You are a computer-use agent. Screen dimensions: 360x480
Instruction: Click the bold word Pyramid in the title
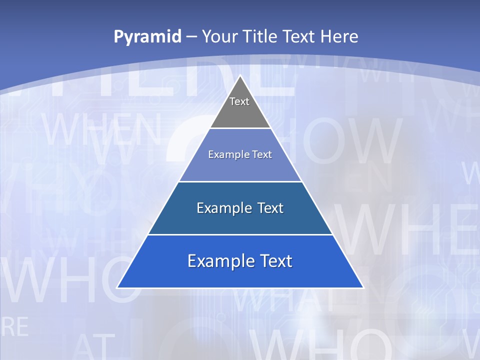(147, 36)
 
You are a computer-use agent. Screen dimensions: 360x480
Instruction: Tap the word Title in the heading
(262, 36)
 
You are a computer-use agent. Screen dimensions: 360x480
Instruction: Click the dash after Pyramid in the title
(191, 37)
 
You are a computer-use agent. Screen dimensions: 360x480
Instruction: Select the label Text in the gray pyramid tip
(239, 101)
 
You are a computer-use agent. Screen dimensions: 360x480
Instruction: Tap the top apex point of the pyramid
(240, 76)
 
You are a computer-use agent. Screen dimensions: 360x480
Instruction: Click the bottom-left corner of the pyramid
(117, 287)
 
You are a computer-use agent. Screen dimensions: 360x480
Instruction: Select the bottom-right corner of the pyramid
(363, 287)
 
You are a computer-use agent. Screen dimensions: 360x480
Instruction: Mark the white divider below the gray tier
(240, 128)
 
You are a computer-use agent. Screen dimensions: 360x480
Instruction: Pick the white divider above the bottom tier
(240, 234)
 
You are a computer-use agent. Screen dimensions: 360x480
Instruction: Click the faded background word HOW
(345, 142)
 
